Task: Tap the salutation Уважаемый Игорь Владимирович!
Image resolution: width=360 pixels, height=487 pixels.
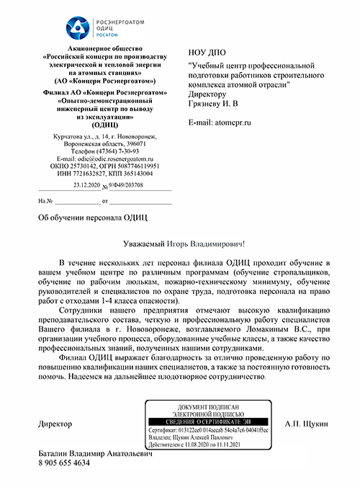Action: (180, 245)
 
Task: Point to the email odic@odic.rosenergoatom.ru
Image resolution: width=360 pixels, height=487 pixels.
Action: (113, 158)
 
